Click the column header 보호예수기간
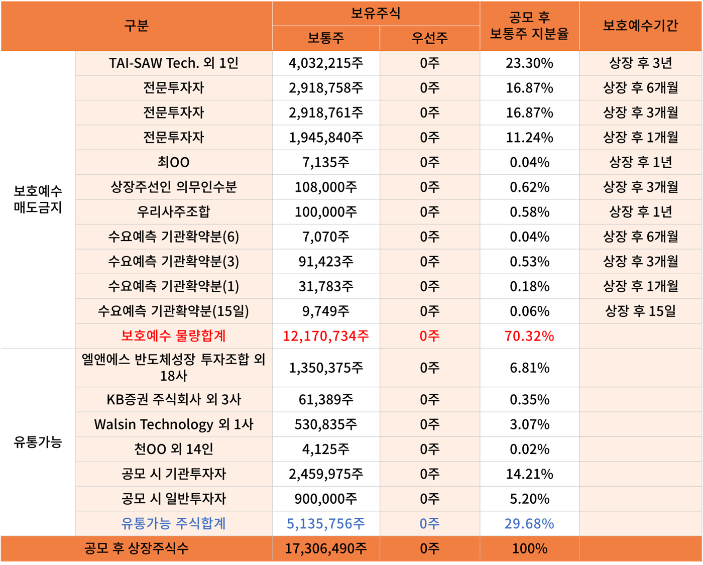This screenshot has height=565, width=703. (x=640, y=26)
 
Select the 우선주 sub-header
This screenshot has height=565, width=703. (x=429, y=38)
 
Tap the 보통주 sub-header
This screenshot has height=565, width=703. (x=326, y=38)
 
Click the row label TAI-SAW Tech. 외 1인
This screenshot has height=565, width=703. (x=173, y=63)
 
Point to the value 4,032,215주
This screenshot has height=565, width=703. (x=326, y=63)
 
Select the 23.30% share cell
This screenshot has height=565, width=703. (x=529, y=63)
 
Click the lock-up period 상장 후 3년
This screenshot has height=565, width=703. (x=640, y=63)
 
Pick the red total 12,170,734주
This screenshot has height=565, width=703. (x=326, y=336)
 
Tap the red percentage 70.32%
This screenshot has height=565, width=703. (x=529, y=336)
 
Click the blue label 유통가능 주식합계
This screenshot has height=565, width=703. (x=173, y=524)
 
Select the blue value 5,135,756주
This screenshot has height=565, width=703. (x=326, y=524)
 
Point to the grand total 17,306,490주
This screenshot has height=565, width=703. (x=326, y=548)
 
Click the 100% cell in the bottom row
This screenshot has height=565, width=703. (x=529, y=548)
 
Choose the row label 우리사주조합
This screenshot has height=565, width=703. (x=173, y=212)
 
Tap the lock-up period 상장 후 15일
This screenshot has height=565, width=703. (x=640, y=311)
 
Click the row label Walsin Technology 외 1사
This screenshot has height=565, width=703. (x=173, y=424)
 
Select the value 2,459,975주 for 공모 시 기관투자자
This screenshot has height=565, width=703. (x=326, y=474)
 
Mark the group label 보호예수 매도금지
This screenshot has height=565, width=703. (x=38, y=199)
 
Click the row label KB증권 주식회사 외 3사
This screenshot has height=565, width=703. (x=173, y=400)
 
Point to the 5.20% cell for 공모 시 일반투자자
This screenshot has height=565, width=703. (x=529, y=499)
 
